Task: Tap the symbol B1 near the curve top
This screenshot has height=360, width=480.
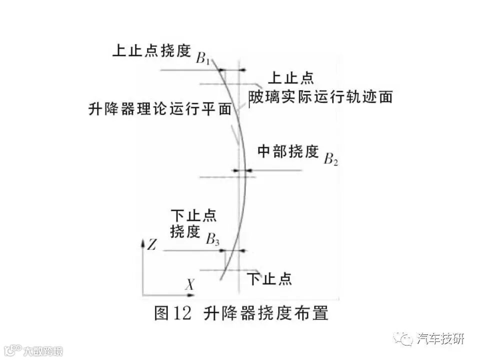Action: (203, 58)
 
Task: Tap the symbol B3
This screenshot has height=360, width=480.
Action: (213, 239)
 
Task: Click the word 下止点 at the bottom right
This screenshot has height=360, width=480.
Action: (270, 278)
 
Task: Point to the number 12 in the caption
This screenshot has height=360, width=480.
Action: (183, 313)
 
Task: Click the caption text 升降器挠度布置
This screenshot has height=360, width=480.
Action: (266, 313)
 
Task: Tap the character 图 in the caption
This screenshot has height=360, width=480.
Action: (162, 313)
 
